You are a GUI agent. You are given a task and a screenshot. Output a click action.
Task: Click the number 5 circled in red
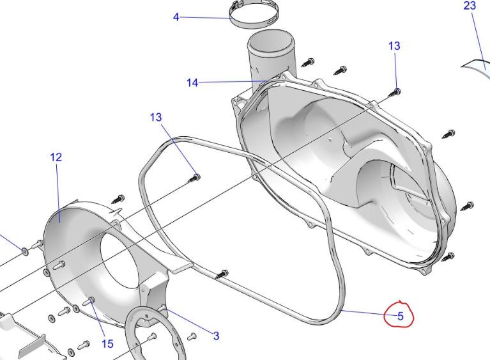click(x=401, y=316)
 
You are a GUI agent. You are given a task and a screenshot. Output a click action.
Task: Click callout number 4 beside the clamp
click(x=176, y=17)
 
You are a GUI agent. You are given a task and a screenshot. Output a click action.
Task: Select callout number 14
click(x=192, y=82)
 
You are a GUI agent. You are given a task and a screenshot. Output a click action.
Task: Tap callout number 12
click(x=56, y=157)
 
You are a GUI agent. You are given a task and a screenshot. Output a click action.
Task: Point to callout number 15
click(x=107, y=343)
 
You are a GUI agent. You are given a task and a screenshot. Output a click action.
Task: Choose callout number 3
click(x=216, y=336)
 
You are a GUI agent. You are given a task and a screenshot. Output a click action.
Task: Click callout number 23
click(x=470, y=6)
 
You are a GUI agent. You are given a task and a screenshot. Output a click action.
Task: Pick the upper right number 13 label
click(x=394, y=46)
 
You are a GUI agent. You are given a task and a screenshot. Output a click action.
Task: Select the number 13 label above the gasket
click(x=156, y=118)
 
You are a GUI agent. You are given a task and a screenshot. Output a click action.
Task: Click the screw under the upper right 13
click(x=395, y=93)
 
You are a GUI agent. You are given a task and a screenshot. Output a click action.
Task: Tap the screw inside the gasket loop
click(x=195, y=178)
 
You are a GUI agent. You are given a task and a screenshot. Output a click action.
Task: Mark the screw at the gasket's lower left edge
click(x=222, y=274)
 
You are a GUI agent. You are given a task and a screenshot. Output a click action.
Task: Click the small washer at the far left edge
click(x=25, y=250)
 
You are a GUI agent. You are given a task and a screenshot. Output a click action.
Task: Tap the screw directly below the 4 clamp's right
click(x=309, y=62)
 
